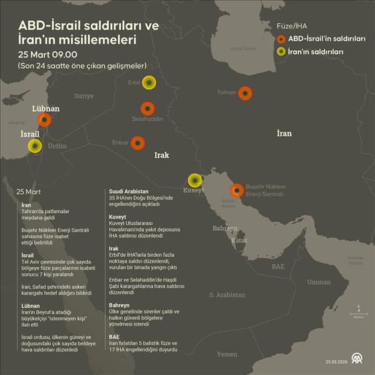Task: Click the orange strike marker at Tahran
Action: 245,94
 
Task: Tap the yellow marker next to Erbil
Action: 149,83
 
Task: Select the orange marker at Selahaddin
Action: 147,109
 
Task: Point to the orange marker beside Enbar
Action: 137,143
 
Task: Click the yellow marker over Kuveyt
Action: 195,180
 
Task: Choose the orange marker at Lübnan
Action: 44,119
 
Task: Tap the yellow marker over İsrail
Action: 34,146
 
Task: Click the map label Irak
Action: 162,155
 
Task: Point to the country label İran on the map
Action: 284,133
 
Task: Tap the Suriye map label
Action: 84,96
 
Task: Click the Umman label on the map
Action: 318,282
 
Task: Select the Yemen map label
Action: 226,354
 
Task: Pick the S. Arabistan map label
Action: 226,294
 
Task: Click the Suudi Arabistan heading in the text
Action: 128,191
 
